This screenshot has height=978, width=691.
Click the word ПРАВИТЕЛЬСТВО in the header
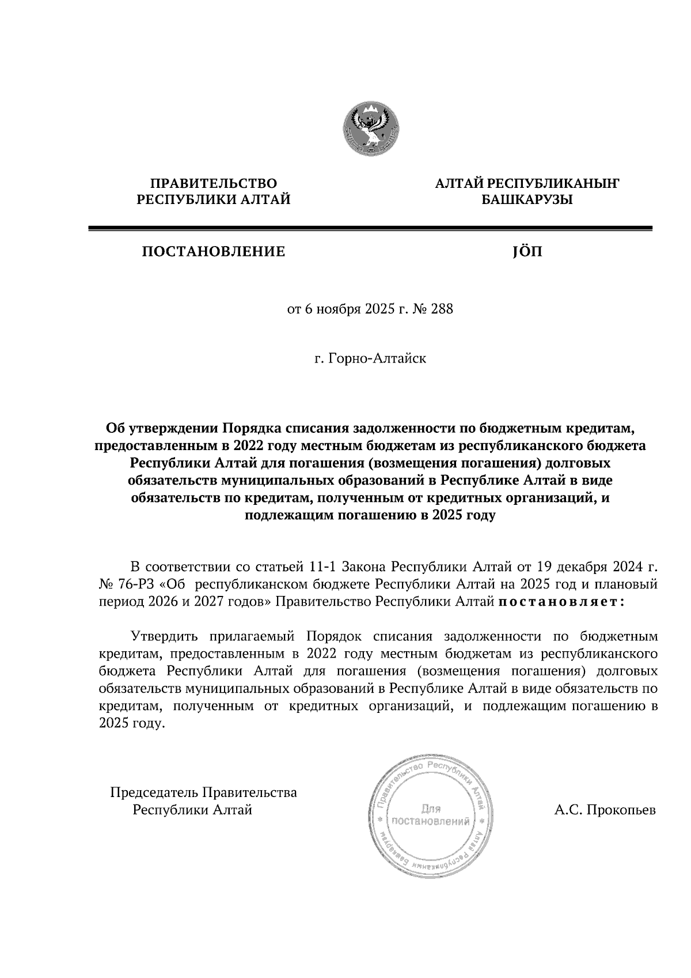coord(213,183)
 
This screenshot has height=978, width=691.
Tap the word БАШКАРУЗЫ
coord(527,200)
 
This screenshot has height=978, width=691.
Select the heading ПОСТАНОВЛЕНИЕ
coord(214,251)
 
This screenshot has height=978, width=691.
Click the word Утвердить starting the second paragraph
coord(165,636)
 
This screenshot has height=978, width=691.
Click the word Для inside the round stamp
coord(431,808)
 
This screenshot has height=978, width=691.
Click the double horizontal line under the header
coord(370,229)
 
